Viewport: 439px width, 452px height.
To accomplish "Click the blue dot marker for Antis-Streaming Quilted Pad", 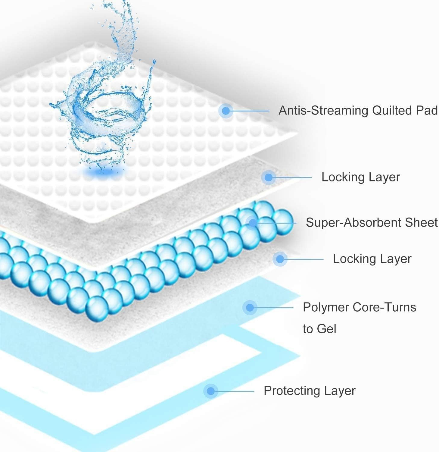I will [x=226, y=111].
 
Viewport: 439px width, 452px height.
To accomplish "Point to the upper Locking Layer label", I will [x=360, y=177].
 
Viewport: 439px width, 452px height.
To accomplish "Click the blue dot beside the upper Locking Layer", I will [x=268, y=177].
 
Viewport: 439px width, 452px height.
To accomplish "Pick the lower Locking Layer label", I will [x=372, y=259].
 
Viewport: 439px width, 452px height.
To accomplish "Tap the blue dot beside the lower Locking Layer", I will [x=280, y=259].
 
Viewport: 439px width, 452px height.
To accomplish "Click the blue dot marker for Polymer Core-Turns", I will [x=250, y=308].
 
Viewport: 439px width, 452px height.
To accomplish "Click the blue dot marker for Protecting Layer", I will [x=211, y=391].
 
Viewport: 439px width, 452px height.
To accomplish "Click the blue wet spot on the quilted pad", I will [x=104, y=172].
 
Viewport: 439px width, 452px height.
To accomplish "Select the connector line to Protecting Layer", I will [x=235, y=391].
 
